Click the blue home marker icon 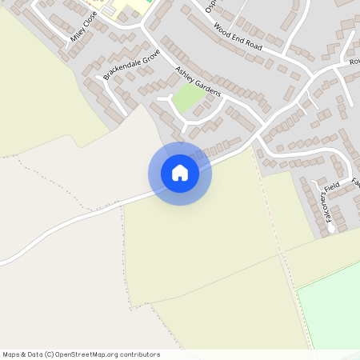pyautogui.click(x=180, y=173)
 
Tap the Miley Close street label pyautogui.click(x=83, y=27)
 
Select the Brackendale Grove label pyautogui.click(x=131, y=63)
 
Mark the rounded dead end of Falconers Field pyautogui.click(x=331, y=229)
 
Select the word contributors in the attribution pyautogui.click(x=139, y=354)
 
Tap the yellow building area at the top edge pyautogui.click(x=120, y=10)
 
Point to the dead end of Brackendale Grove pyautogui.click(x=99, y=78)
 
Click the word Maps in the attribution pyautogui.click(x=12, y=354)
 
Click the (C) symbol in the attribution pyautogui.click(x=50, y=354)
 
